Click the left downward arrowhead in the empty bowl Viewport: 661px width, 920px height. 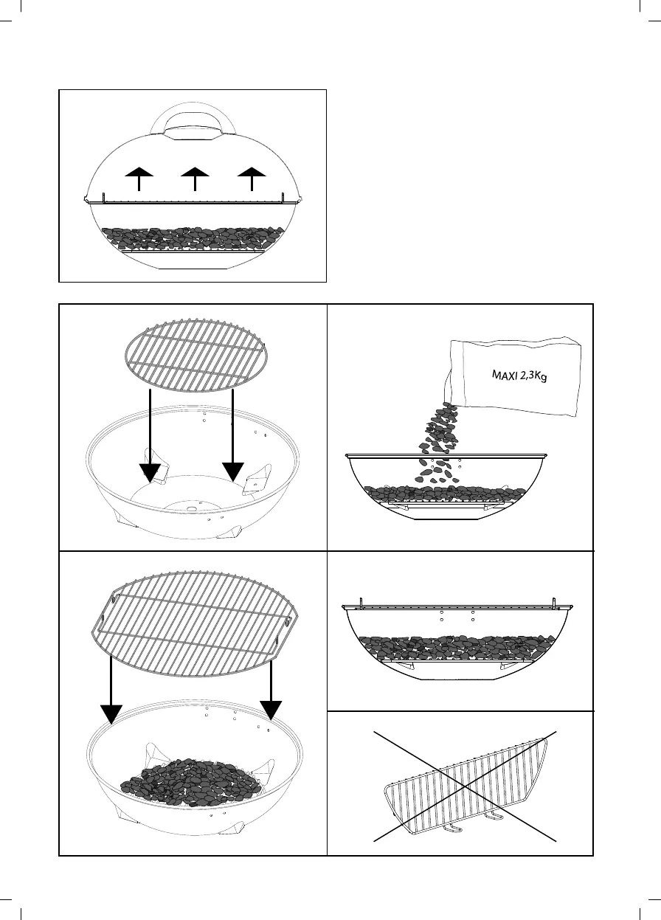click(x=150, y=471)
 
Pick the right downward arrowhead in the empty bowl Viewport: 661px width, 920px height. click(x=233, y=471)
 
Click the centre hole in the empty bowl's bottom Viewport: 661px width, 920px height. click(x=190, y=508)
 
